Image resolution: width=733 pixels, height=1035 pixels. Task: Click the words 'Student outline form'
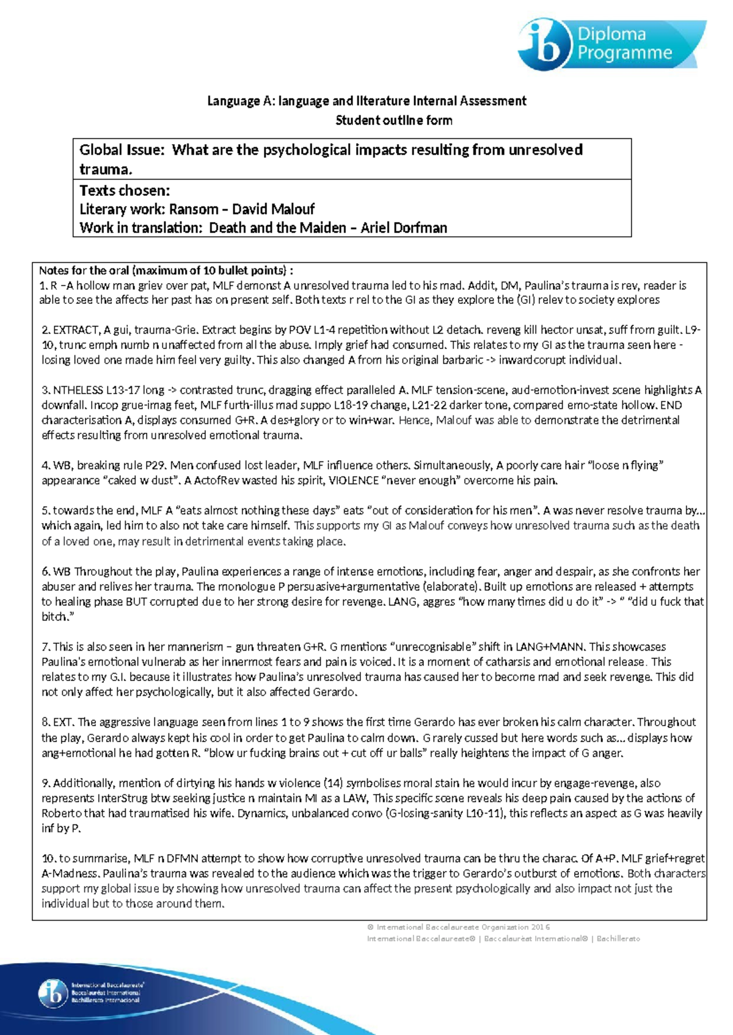coord(394,120)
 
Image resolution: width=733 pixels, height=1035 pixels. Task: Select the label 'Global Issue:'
coord(122,150)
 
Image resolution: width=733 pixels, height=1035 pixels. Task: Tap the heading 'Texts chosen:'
coord(125,190)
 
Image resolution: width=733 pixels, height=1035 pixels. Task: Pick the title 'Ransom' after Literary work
coord(194,209)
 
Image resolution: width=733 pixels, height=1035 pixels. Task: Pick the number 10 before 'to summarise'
coord(48,859)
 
